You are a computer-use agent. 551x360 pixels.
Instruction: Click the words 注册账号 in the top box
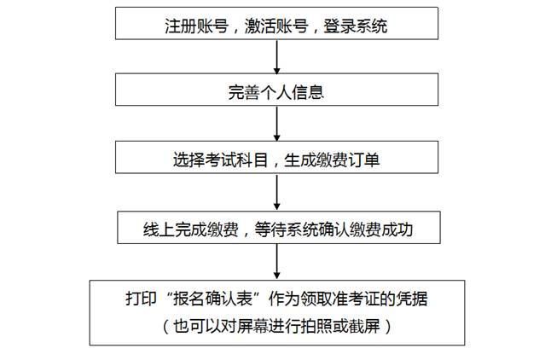pyautogui.click(x=197, y=26)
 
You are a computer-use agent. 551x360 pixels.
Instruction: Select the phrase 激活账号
pyautogui.click(x=276, y=26)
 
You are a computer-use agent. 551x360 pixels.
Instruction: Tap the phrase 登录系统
pyautogui.click(x=356, y=26)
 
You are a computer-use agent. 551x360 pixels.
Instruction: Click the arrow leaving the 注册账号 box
pyautogui.click(x=277, y=56)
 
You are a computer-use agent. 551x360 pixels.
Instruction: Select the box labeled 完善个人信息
pyautogui.click(x=277, y=90)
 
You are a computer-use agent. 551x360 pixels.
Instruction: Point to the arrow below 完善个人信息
pyautogui.click(x=277, y=124)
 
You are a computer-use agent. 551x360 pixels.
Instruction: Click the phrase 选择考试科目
pyautogui.click(x=220, y=160)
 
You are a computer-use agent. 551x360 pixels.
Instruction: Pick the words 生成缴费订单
pyautogui.click(x=332, y=160)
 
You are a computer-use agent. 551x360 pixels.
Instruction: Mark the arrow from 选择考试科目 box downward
pyautogui.click(x=277, y=192)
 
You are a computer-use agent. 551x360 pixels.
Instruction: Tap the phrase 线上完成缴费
pyautogui.click(x=191, y=229)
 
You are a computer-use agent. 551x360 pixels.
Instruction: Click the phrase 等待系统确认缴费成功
pyautogui.click(x=333, y=229)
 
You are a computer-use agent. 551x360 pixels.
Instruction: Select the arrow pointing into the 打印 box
pyautogui.click(x=277, y=262)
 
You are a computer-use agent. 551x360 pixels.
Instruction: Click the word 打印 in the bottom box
pyautogui.click(x=141, y=299)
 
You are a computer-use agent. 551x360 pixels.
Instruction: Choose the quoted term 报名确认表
pyautogui.click(x=213, y=299)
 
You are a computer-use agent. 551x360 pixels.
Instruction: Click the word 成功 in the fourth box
pyautogui.click(x=397, y=229)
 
